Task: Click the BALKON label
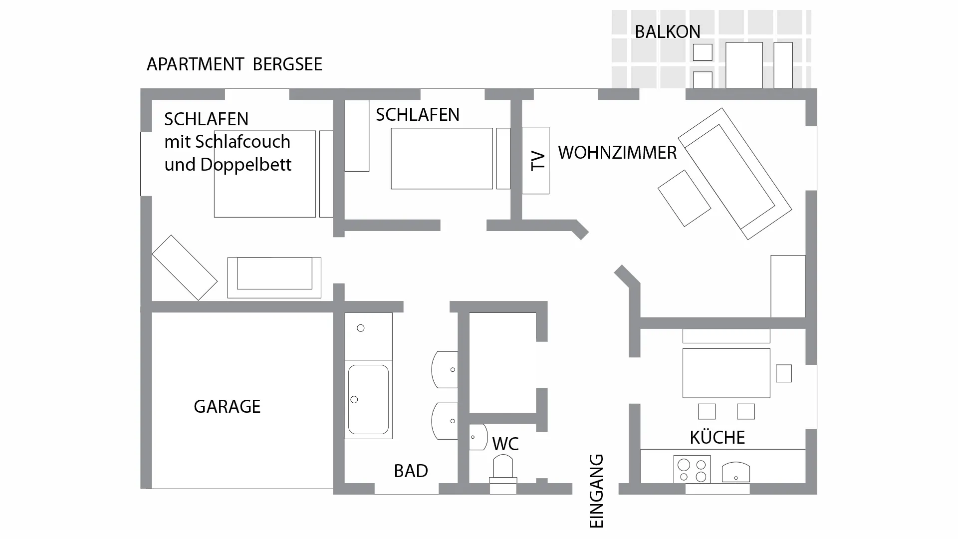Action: pos(667,32)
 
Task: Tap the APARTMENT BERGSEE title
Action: pos(235,64)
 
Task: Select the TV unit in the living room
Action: pos(536,160)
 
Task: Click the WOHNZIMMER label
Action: pos(617,153)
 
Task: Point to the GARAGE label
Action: pos(227,407)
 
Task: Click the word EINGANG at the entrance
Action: pos(597,491)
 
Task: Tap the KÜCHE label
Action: pos(717,438)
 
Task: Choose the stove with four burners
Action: pos(692,470)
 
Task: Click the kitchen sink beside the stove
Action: pos(735,472)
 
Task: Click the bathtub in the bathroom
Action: pos(368,399)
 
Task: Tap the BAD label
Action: pos(411,471)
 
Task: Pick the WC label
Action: pos(505,444)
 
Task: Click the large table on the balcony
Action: pos(744,65)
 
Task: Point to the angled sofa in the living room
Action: pos(734,174)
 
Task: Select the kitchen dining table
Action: pos(726,373)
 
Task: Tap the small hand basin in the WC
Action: pos(478,437)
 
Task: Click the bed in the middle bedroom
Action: pos(442,159)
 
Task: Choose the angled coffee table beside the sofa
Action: pos(684,198)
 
